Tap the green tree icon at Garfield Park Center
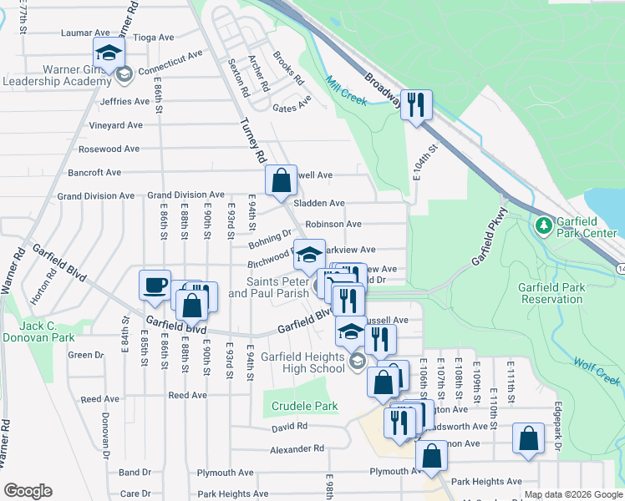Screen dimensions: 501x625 [x=543, y=225]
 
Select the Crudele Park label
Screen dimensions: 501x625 [x=304, y=407]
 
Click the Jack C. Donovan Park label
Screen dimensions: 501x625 [x=38, y=331]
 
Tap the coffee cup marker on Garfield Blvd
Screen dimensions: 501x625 [x=154, y=284]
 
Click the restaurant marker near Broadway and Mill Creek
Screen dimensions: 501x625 [x=415, y=104]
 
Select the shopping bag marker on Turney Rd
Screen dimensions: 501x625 [x=281, y=179]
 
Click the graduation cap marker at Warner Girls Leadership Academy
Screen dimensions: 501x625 [x=107, y=53]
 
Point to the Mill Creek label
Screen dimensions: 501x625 [x=346, y=90]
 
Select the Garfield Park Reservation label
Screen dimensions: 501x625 [x=551, y=293]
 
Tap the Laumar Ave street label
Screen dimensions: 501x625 [x=86, y=33]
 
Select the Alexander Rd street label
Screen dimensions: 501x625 [x=297, y=449]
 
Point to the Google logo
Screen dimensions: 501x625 [x=28, y=491]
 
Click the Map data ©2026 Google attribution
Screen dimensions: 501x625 [x=573, y=495]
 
